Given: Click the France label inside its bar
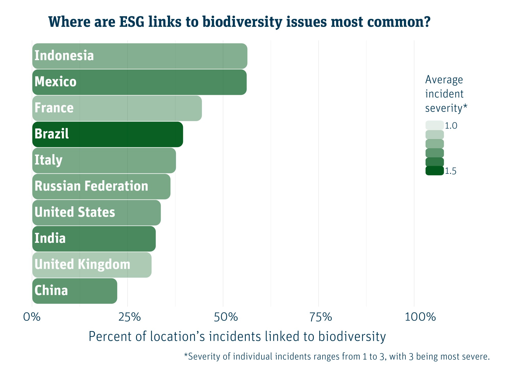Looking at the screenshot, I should [x=54, y=108].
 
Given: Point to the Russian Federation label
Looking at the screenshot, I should [x=91, y=186].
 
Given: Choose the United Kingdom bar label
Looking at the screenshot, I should [x=82, y=264].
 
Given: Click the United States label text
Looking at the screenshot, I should [x=75, y=212].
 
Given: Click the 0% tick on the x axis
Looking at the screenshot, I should [x=32, y=317].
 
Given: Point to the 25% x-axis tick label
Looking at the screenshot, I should [x=129, y=317].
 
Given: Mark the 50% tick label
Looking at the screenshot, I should [x=226, y=317].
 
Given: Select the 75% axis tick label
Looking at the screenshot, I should [x=321, y=317].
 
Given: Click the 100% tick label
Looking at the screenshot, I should [x=420, y=317].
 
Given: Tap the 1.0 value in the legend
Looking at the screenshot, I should [x=451, y=126].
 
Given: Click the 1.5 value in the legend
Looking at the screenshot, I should [x=450, y=171].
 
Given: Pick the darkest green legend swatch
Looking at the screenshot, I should [x=434, y=171].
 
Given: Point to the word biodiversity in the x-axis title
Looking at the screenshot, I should [x=352, y=336].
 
